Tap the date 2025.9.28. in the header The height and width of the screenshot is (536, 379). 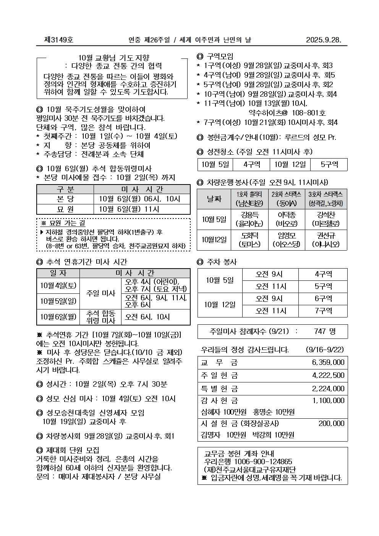click(x=323, y=40)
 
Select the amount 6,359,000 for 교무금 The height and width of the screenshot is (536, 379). click(x=328, y=362)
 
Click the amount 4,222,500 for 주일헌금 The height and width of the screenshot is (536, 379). click(x=328, y=376)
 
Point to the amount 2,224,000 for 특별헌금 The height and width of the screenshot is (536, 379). click(x=328, y=389)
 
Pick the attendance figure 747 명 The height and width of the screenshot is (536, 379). click(x=324, y=332)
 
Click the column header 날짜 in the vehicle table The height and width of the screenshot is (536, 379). click(x=214, y=199)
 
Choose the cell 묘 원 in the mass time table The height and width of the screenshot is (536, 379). click(x=65, y=209)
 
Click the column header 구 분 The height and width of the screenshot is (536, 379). click(x=65, y=189)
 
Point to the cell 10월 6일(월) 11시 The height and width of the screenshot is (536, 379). click(x=129, y=209)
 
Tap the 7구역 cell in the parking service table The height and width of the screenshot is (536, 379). click(x=323, y=311)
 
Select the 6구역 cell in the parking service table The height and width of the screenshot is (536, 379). click(x=323, y=299)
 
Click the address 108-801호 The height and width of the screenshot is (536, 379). click(x=309, y=113)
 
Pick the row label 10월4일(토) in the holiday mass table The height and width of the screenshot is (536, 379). click(x=58, y=285)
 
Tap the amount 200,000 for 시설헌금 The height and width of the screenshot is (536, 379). click(x=331, y=423)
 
